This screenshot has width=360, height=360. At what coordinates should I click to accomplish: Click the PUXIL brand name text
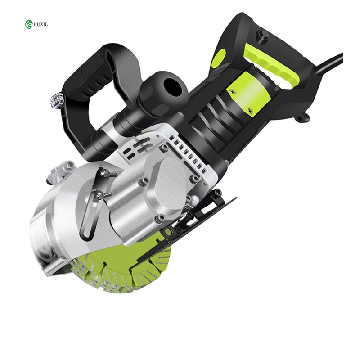click(x=41, y=24)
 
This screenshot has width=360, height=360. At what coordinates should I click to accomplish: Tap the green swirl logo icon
click(x=29, y=24)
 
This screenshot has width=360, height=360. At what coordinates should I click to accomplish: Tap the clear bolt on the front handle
click(x=57, y=100)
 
